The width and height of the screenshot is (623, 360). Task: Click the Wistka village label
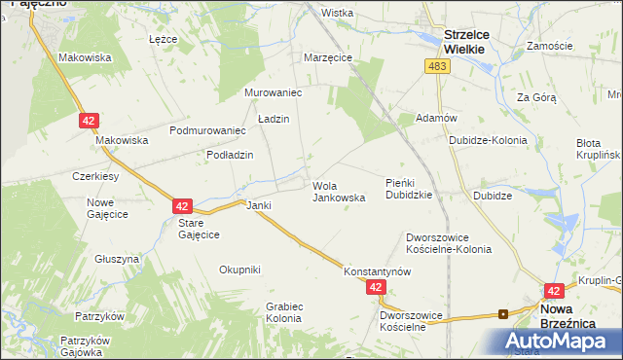(x=337, y=14)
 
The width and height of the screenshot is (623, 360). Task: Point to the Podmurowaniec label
(x=206, y=130)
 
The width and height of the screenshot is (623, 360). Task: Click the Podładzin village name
(x=230, y=155)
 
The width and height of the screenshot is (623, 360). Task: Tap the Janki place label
(x=258, y=206)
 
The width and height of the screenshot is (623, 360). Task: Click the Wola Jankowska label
(x=339, y=191)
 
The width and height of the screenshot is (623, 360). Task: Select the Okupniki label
(x=239, y=270)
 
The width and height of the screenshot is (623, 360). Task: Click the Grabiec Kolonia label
(x=283, y=312)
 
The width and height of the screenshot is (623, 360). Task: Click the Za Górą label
(x=536, y=97)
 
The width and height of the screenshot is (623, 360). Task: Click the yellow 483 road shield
(x=436, y=66)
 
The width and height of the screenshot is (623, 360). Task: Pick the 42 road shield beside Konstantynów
(x=377, y=288)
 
